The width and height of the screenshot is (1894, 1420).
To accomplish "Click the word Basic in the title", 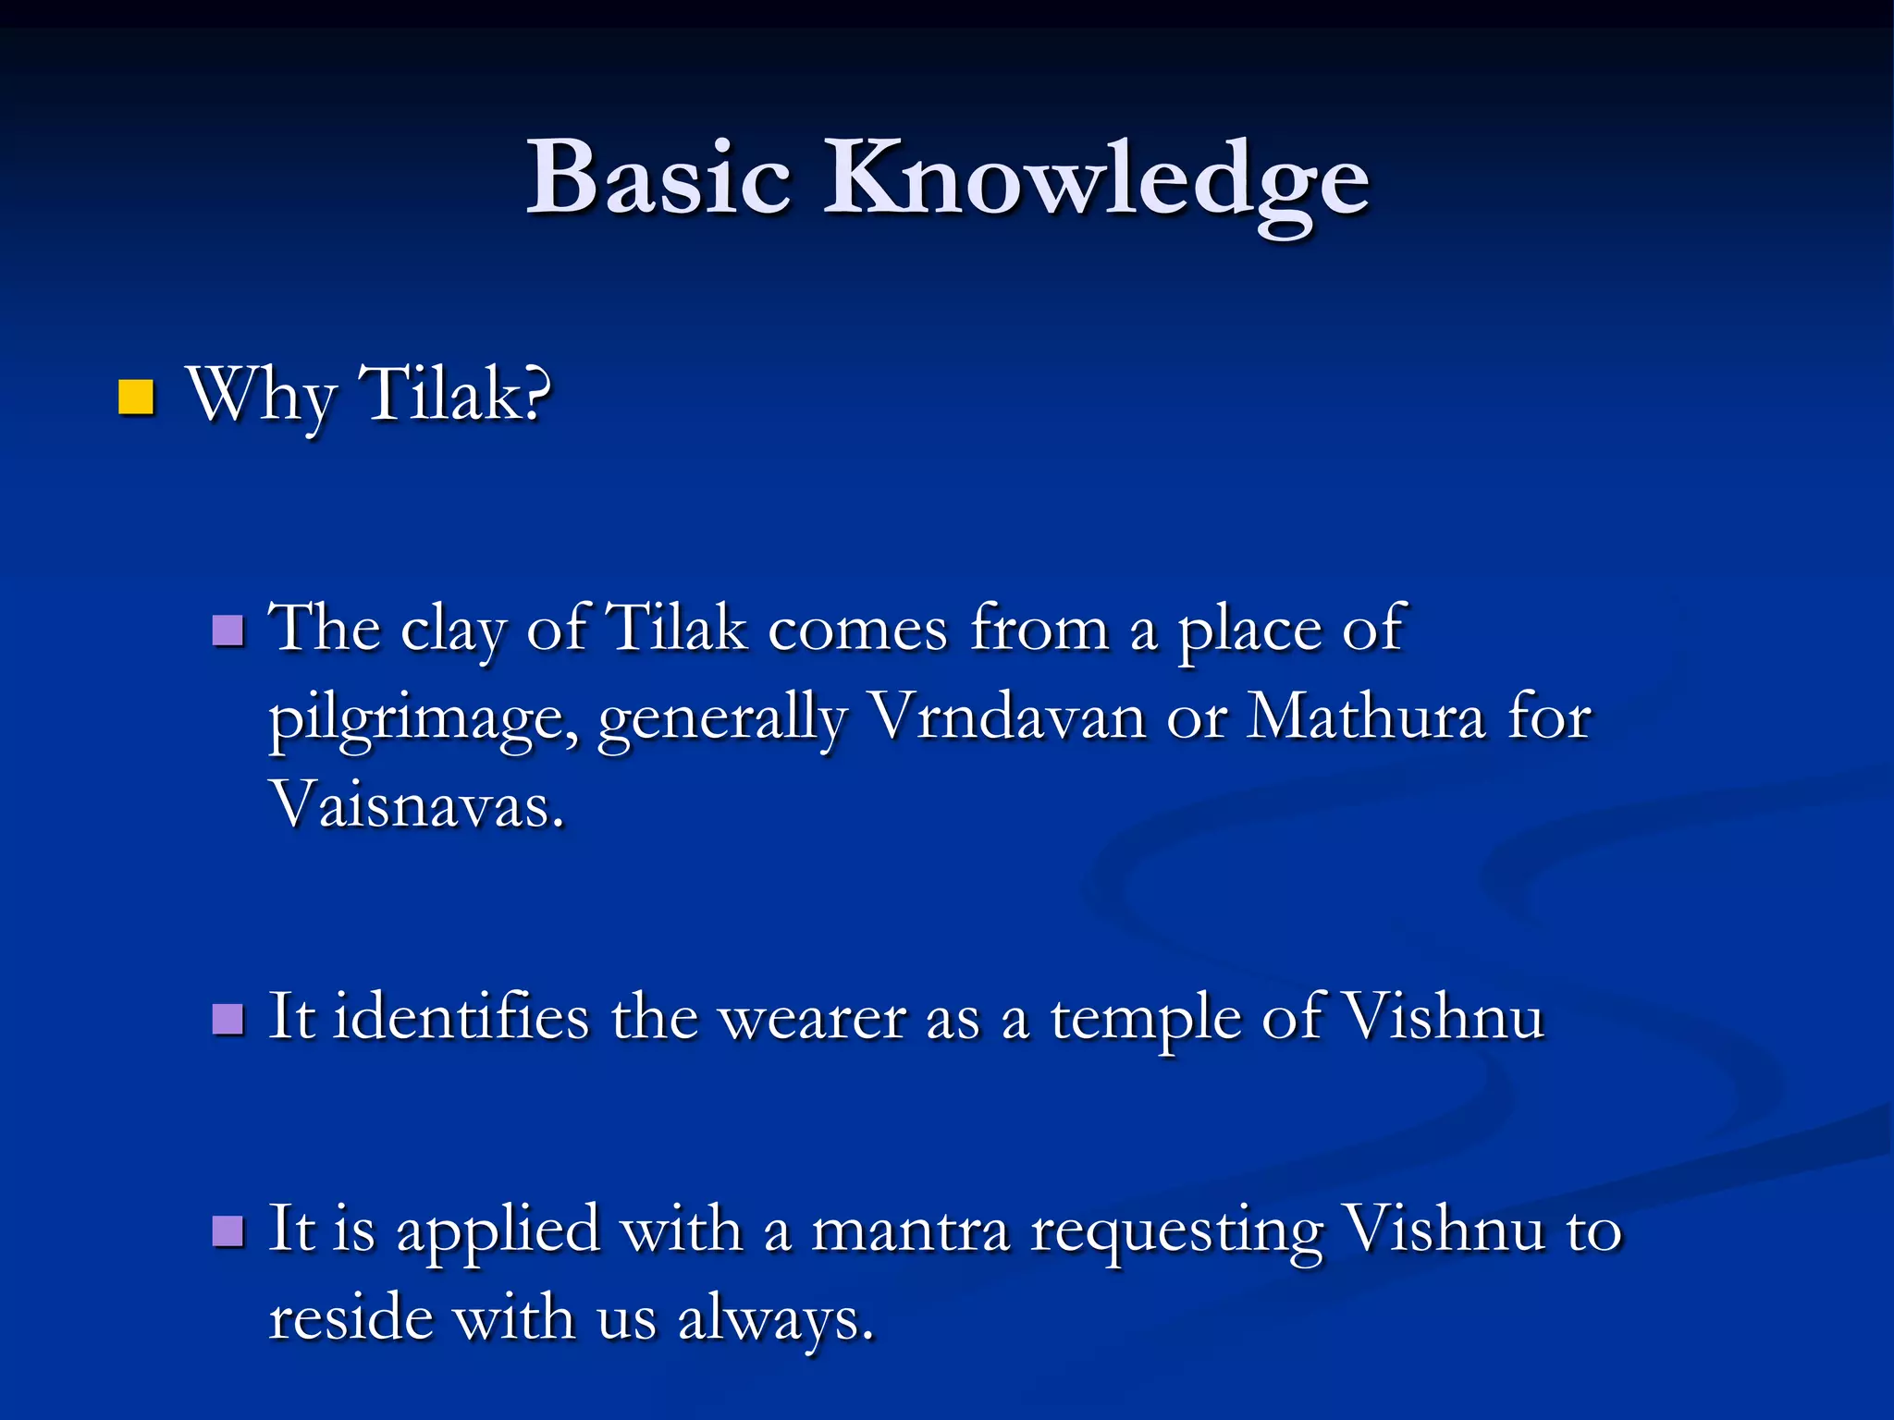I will tap(658, 177).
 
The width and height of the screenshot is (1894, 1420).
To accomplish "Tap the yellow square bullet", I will tap(136, 398).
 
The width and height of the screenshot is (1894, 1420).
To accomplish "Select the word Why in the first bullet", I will tap(261, 396).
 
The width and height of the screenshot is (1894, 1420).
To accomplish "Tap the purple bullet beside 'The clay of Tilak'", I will tap(228, 631).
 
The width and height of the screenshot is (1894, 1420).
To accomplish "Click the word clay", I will tap(452, 631).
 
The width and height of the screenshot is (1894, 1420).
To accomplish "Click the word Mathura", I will tap(1365, 717).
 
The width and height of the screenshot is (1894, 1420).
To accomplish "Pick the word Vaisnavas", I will tap(417, 804).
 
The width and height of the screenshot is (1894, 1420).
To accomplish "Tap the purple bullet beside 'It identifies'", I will tap(228, 1020).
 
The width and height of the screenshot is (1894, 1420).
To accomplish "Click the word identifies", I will tap(461, 1018).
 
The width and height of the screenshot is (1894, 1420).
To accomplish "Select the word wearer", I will tap(813, 1020).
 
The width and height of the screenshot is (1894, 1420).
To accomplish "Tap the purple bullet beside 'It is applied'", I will tap(228, 1231).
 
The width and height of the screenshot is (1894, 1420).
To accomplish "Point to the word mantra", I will tap(910, 1232).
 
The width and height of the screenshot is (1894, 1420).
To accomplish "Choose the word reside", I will tap(351, 1317).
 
